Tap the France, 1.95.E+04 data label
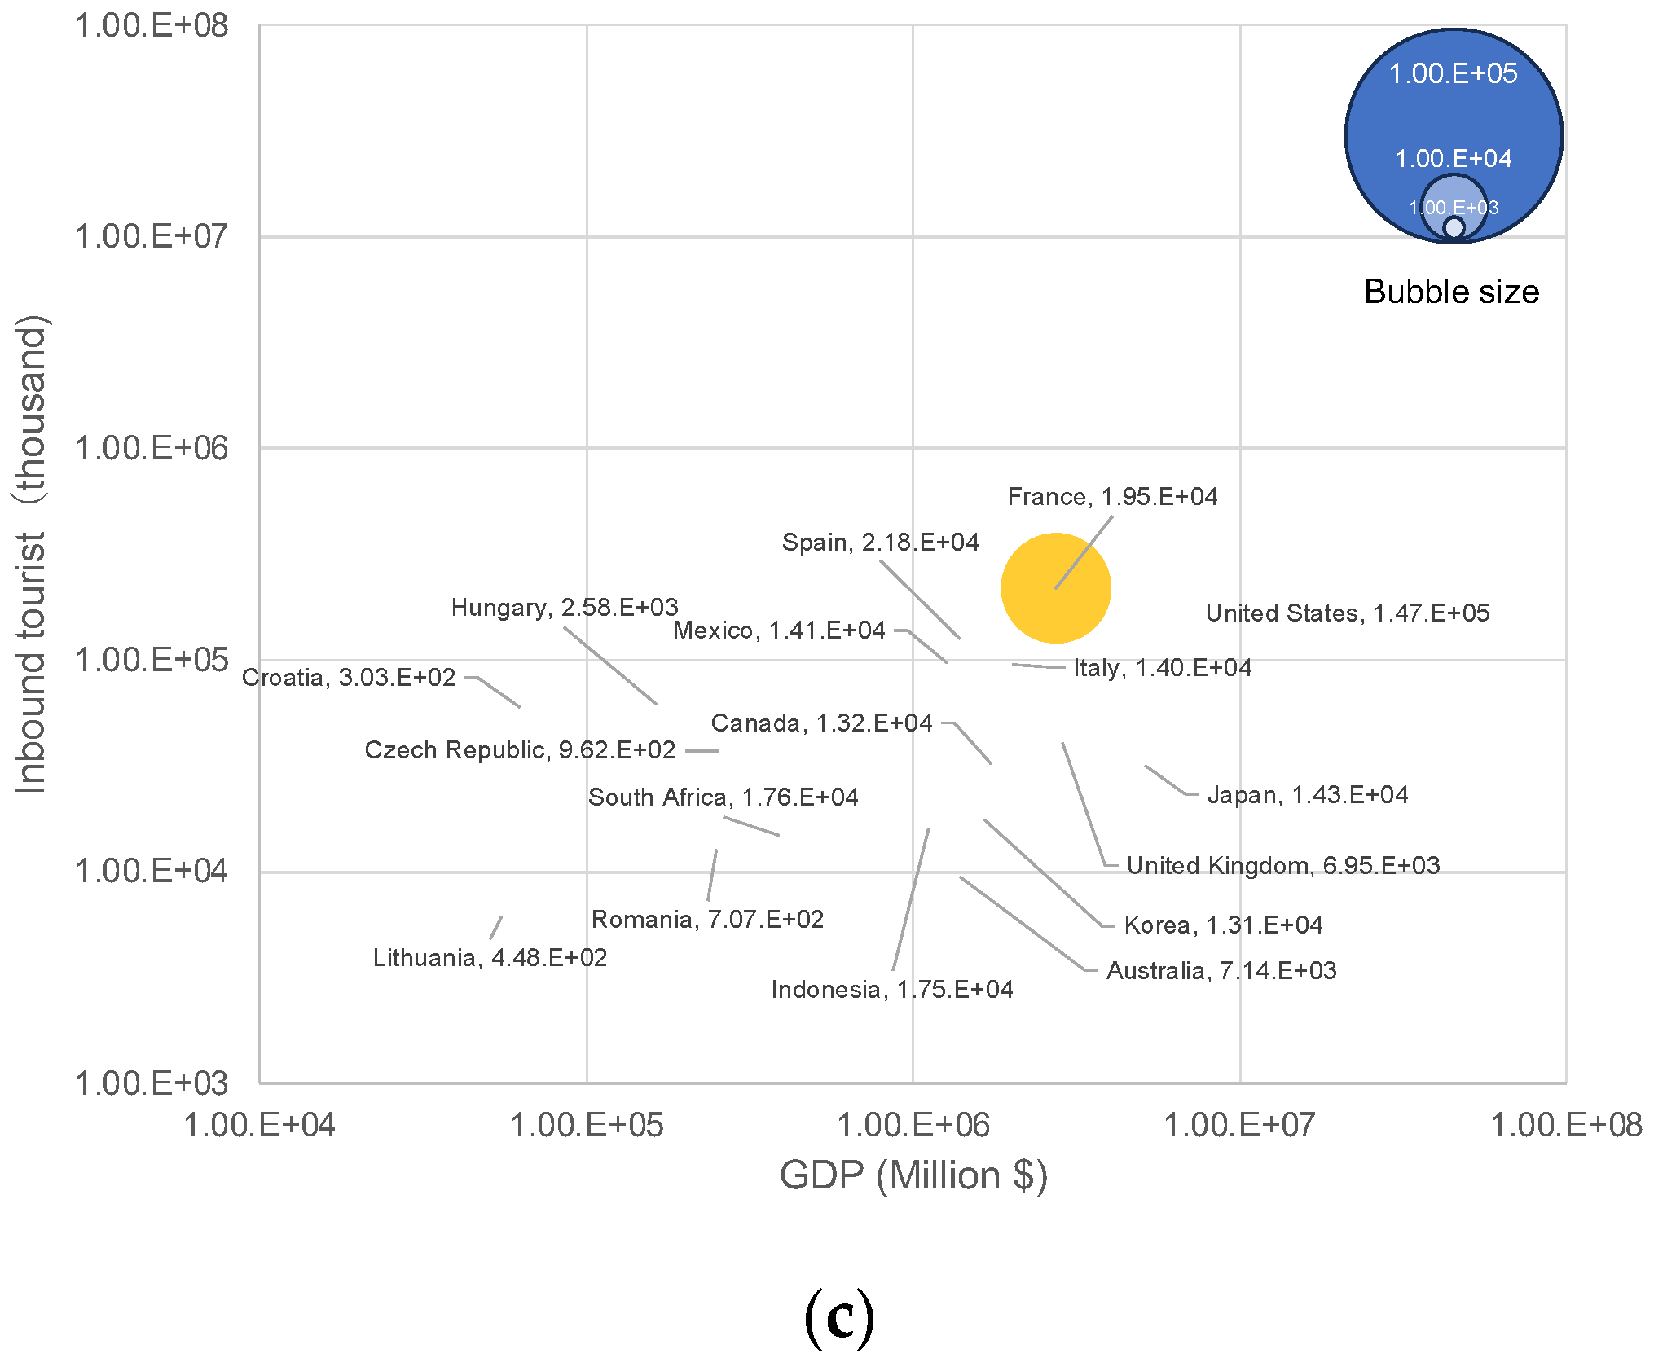click(1112, 496)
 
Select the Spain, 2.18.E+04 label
click(880, 542)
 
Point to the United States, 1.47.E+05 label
click(1347, 613)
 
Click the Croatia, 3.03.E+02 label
click(349, 677)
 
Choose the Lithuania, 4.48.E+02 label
click(490, 957)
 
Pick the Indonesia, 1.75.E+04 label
click(892, 989)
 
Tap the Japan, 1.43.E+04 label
click(1307, 794)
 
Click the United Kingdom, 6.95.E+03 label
click(1282, 865)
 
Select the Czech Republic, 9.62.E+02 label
click(520, 749)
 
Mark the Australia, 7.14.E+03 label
click(1221, 970)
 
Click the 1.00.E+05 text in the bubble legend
click(1453, 73)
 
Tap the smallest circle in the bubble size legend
click(1454, 228)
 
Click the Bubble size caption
click(1451, 292)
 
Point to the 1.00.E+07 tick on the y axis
click(152, 236)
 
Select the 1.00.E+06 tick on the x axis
click(913, 1125)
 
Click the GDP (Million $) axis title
click(913, 1175)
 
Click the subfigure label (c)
click(838, 1316)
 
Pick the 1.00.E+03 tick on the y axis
click(152, 1083)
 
